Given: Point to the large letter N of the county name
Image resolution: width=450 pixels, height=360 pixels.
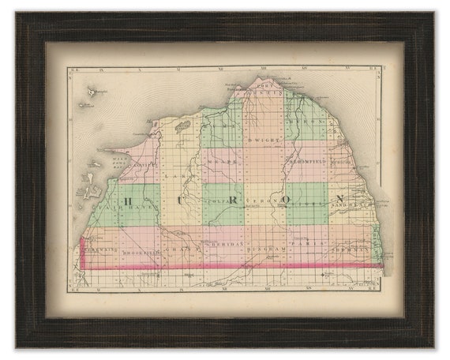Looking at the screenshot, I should pyautogui.click(x=342, y=198).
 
